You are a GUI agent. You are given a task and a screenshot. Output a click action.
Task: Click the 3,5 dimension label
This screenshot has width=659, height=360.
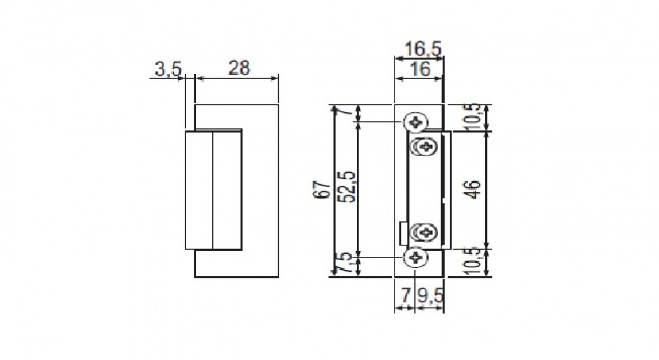[168, 68]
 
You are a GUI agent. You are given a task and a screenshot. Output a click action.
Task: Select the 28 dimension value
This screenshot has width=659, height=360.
[239, 68]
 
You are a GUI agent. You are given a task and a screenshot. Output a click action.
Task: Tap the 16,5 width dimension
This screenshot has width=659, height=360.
[423, 49]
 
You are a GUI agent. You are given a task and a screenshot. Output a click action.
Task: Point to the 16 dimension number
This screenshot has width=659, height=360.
[420, 68]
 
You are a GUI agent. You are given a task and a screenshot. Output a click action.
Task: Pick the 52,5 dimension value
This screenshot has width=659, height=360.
[348, 187]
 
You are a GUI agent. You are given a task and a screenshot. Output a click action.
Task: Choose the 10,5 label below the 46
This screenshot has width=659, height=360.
[474, 261]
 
